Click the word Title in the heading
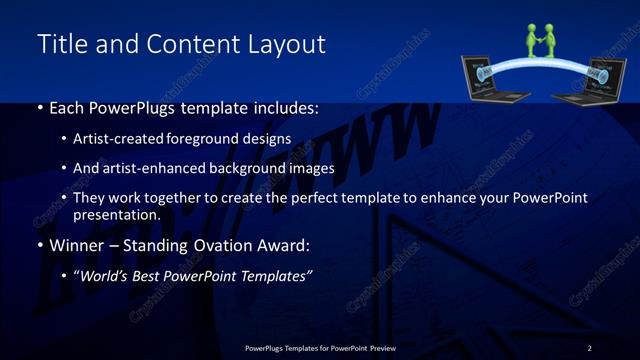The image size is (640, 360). (x=60, y=45)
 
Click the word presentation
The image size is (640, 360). (x=116, y=215)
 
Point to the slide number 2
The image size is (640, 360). (x=589, y=347)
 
